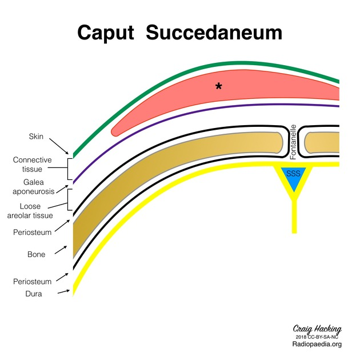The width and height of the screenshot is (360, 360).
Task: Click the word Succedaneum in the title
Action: pos(214,33)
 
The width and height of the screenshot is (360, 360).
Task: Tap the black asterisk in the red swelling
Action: pos(218,86)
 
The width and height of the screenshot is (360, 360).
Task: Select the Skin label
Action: pos(35,137)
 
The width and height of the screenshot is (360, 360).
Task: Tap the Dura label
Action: pos(35,294)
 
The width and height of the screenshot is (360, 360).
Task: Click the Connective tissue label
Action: pos(33,165)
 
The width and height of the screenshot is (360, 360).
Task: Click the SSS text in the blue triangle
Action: pos(293,173)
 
